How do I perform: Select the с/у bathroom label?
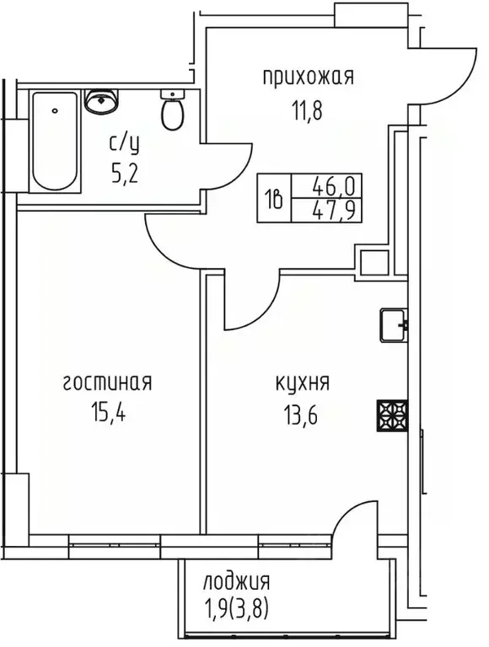coord(124,142)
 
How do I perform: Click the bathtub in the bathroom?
coord(56,141)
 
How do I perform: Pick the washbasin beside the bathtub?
coord(102,102)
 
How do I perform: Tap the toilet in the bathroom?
coord(173,113)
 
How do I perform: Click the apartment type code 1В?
coord(274,197)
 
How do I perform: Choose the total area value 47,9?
coord(330,210)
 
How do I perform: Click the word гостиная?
coord(107,383)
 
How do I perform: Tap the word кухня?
coord(303,383)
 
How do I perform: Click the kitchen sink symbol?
coord(393,324)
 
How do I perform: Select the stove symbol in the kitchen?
coord(392,414)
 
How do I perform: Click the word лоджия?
coord(237,580)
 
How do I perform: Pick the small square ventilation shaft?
coord(371,262)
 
